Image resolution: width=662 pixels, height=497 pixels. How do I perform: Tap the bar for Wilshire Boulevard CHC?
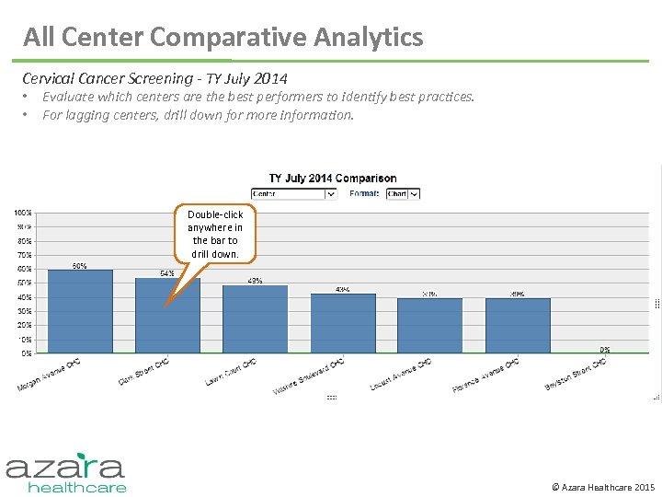click(x=343, y=323)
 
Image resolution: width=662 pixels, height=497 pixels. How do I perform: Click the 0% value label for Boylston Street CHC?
click(x=605, y=349)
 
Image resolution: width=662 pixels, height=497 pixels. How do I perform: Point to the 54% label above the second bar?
click(x=167, y=273)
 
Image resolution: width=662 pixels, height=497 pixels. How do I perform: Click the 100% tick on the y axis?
click(x=23, y=213)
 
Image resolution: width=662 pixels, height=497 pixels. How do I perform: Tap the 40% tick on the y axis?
click(x=24, y=297)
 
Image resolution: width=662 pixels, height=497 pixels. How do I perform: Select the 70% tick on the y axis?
click(x=24, y=255)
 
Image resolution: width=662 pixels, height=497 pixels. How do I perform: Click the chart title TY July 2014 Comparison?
click(x=333, y=179)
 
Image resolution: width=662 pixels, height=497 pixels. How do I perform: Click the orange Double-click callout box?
click(x=215, y=234)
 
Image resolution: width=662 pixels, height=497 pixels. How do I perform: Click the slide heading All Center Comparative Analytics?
click(x=223, y=37)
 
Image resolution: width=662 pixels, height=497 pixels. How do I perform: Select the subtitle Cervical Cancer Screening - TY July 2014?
click(x=155, y=78)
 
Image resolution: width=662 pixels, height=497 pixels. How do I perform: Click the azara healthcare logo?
click(x=65, y=472)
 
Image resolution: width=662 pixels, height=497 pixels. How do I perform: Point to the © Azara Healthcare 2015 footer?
click(x=602, y=486)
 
